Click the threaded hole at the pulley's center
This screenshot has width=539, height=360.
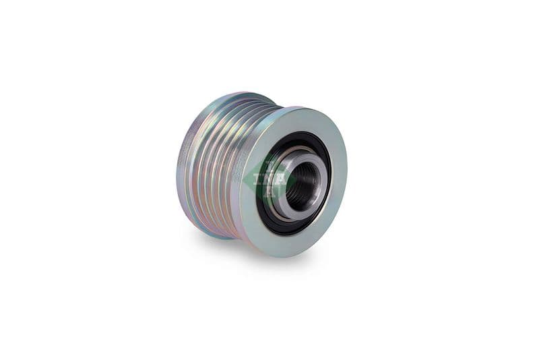click(x=302, y=182)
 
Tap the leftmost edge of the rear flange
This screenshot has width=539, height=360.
click(x=177, y=169)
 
